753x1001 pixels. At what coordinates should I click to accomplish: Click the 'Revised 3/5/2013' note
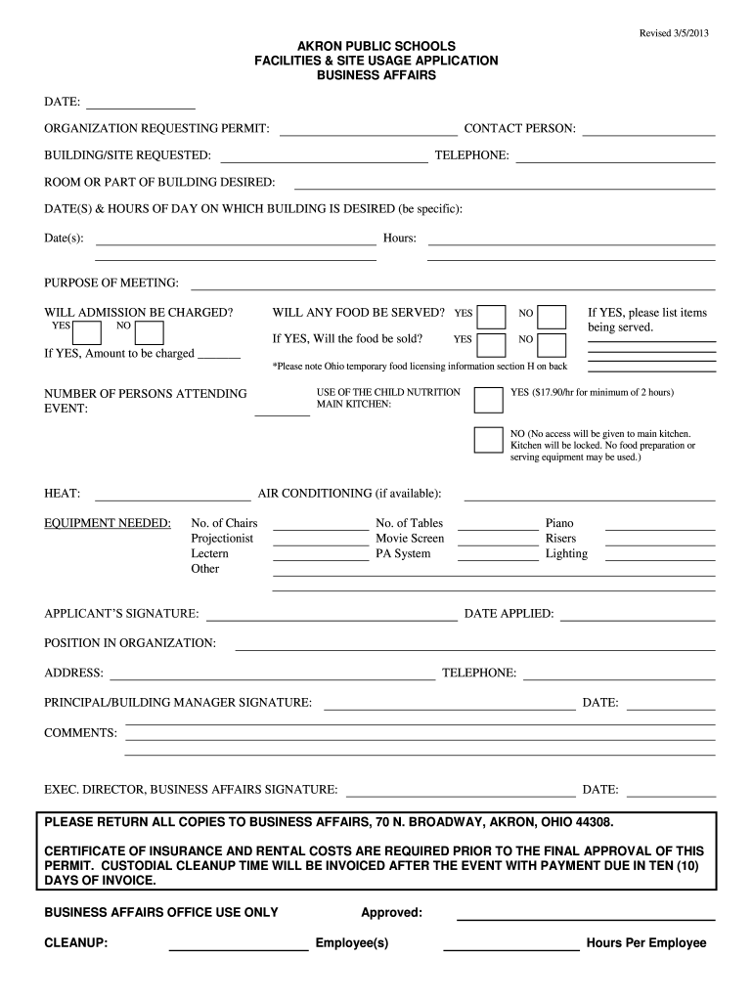[674, 33]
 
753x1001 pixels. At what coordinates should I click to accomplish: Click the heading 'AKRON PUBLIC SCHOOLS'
[376, 46]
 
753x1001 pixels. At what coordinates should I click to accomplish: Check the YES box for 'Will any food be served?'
[492, 316]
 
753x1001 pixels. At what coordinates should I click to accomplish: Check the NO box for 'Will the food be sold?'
[552, 343]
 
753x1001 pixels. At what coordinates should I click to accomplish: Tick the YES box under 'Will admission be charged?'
[88, 333]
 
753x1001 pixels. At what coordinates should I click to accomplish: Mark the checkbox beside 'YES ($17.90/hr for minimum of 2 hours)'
[488, 400]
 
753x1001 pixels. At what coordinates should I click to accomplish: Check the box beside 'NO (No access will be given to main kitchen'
[488, 440]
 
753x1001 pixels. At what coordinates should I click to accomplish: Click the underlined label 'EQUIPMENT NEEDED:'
[108, 523]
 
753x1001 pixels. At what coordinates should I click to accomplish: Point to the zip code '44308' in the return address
[596, 822]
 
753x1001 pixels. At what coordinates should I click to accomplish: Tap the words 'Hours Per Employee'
[645, 943]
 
